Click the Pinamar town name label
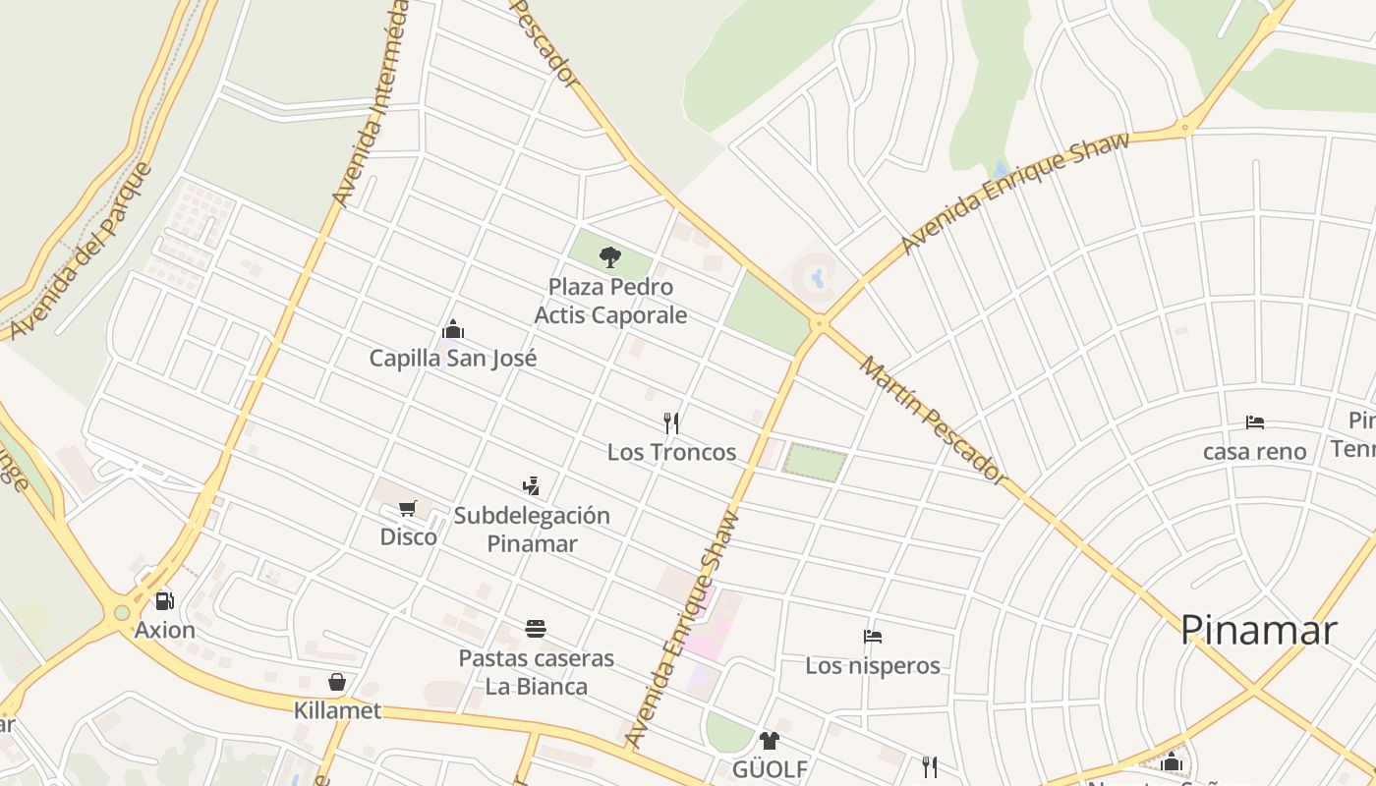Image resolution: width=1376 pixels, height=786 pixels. pos(1258,630)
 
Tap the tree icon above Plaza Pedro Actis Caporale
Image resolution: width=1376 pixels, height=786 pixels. pos(610,257)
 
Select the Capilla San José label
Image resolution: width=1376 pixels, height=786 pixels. pos(453,358)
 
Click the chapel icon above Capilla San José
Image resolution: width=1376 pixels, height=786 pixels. pos(453,329)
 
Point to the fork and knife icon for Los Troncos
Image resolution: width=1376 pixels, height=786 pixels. pos(671,423)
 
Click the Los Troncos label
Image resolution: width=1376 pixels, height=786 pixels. pos(671,452)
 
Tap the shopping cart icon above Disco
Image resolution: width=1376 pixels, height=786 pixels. pos(408,508)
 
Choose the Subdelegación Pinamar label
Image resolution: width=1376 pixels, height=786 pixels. pos(532,529)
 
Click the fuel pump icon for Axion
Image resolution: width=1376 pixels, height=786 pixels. pos(164,600)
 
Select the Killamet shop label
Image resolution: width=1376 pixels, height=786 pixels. pos(337,710)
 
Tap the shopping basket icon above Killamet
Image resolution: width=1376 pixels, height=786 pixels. pos(337,682)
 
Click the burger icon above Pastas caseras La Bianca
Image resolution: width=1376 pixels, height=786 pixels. pos(536,629)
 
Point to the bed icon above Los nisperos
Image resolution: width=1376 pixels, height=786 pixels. pos(872,637)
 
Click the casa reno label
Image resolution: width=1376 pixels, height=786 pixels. pos(1255,452)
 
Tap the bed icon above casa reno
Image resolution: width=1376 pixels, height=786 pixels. pos(1255,422)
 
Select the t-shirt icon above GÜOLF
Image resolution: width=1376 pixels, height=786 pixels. pos(770,740)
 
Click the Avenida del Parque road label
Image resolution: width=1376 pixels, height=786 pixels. pos(81,252)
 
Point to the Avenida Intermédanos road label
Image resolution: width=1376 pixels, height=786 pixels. pos(371,103)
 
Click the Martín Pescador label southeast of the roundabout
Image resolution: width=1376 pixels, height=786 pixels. pos(934,421)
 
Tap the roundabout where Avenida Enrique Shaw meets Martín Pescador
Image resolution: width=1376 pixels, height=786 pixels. pos(819,321)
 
